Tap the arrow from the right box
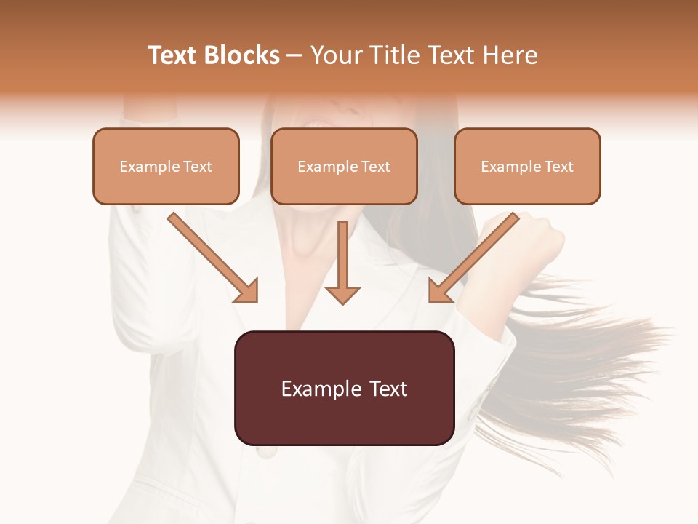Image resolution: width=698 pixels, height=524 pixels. point(476,255)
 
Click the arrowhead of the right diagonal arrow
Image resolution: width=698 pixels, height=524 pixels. point(439,291)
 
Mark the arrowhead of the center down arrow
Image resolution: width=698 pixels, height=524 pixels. point(342,295)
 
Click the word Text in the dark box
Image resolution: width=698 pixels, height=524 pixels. point(385,388)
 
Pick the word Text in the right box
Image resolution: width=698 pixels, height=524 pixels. point(559,166)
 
